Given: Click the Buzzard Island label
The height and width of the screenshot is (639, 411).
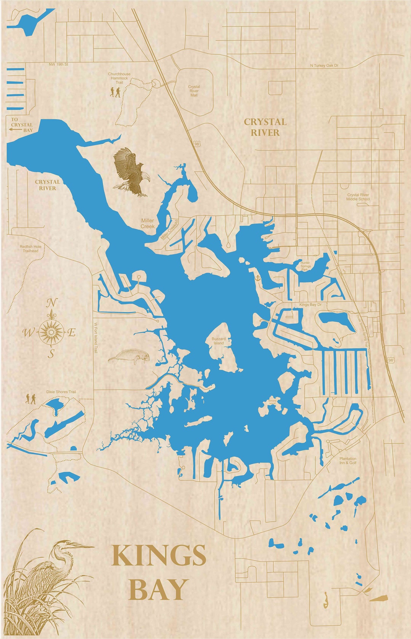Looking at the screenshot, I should pos(218,341).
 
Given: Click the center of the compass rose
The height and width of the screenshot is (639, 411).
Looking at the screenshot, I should pos(51,332).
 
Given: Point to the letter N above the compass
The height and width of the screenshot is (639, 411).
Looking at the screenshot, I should pos(51,303).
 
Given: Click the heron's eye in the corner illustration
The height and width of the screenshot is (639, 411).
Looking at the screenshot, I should pos(68,544).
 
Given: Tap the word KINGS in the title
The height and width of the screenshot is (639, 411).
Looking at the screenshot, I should pos(159,556).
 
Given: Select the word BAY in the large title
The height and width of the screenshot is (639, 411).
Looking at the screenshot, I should pos(158,589).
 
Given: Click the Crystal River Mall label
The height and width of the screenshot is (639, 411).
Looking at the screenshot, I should pos(194,91).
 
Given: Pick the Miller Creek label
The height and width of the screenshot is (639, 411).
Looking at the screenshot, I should pos(148,223).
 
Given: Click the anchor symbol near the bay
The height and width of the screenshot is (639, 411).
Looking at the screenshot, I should pos(257,278).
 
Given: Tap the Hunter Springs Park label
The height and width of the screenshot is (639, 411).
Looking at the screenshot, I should pos(306,266).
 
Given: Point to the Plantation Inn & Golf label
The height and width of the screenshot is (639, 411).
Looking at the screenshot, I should pos(348,461).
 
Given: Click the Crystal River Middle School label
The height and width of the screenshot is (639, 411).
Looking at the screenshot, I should pos(358,197).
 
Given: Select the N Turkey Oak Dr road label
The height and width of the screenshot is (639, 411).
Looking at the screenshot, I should pos(324,66).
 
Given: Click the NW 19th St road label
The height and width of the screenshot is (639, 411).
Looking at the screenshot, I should pos(58,65).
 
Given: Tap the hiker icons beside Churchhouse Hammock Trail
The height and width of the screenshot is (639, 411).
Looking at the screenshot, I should pos(115,92).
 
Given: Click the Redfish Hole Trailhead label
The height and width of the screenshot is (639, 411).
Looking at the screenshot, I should pos(30,248).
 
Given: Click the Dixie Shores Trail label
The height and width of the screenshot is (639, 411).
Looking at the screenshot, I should pos(61,392).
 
